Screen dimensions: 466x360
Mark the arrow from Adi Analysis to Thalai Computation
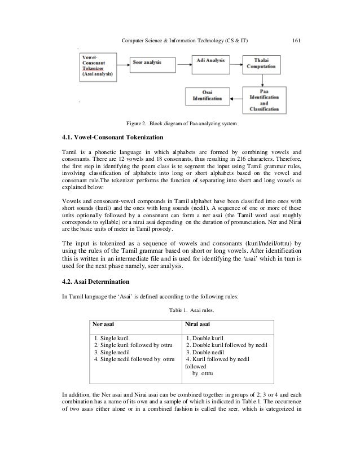(234, 61)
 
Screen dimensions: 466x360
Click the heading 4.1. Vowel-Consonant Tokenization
(112, 137)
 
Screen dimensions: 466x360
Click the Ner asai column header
(104, 324)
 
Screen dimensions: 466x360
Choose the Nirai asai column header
(199, 324)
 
